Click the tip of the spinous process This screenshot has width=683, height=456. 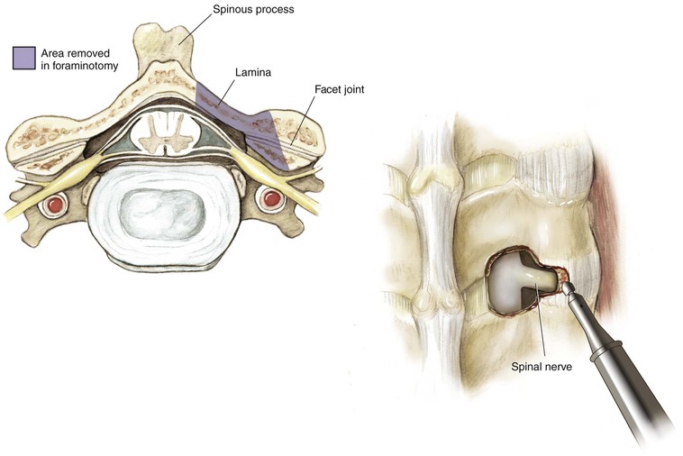point(162,36)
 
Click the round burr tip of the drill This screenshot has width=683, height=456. point(569,288)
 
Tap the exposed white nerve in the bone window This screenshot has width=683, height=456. point(518,284)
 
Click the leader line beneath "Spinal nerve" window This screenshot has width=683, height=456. point(540,324)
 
